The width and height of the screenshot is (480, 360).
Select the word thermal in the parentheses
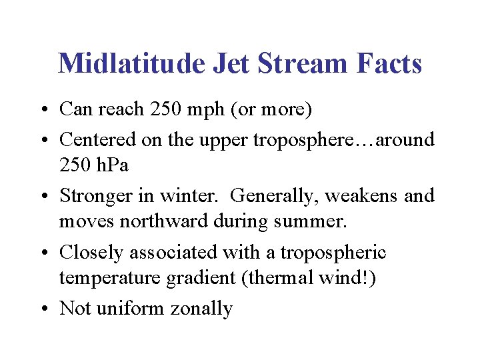tap(277, 277)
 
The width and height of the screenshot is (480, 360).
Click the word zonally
tap(202, 309)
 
